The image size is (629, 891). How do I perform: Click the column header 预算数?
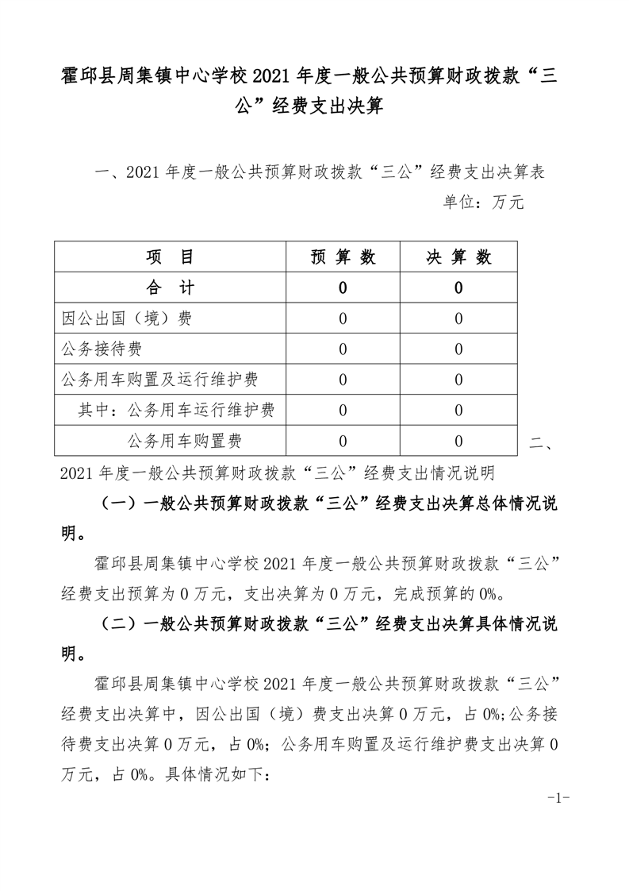coord(343,257)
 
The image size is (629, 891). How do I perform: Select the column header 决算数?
coord(459,257)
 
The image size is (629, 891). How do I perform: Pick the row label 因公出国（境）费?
coord(126,318)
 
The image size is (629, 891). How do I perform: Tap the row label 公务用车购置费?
coord(184,441)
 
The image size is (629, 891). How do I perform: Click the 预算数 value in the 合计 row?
coord(343,288)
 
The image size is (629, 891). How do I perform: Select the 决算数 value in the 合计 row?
coord(459,288)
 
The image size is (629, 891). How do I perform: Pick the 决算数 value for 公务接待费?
coord(459,349)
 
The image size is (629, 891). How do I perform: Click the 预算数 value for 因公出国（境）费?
coord(343,318)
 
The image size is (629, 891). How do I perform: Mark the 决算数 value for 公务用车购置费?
coord(459,441)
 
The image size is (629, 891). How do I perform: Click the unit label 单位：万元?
coord(483,202)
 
